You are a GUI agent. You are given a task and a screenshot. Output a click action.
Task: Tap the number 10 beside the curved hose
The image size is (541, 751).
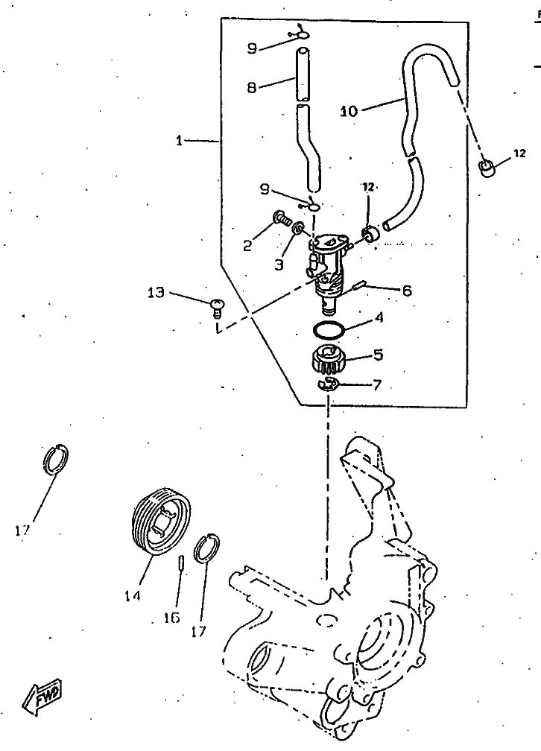click(x=349, y=111)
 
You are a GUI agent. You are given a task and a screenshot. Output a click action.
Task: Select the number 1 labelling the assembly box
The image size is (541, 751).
click(x=180, y=140)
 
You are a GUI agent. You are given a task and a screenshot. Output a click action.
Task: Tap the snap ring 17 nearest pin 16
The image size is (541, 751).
click(x=206, y=548)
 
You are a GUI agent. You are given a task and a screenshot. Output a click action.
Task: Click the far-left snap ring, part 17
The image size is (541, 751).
click(x=56, y=460)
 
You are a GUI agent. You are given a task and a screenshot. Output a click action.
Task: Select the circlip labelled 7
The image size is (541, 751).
click(x=328, y=384)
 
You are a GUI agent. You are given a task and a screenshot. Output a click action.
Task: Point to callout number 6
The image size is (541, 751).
click(x=406, y=291)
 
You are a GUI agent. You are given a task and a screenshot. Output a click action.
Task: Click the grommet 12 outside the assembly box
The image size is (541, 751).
click(x=487, y=166)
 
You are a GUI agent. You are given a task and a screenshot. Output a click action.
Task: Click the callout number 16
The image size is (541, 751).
click(x=171, y=617)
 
